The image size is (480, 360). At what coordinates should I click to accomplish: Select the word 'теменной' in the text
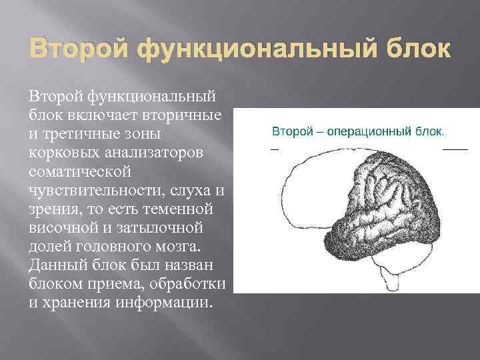pos(181,209)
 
